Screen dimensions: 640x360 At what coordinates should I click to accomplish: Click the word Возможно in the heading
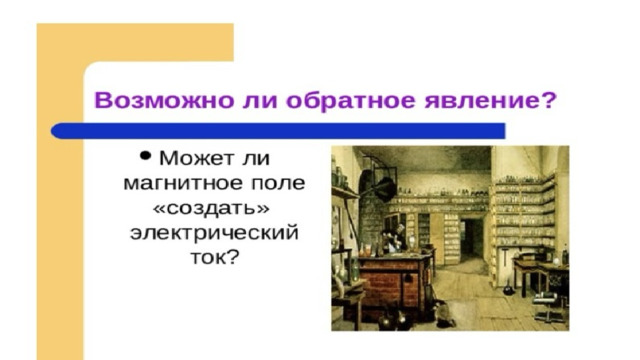point(164,100)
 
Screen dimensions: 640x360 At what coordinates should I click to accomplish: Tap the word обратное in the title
point(350,100)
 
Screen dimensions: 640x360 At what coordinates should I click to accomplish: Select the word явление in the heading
point(481,101)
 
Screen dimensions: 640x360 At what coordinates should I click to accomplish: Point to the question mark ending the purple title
point(548,100)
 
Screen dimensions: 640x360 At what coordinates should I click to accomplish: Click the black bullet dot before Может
point(145,156)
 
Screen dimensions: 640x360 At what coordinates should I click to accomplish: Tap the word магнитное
point(182,184)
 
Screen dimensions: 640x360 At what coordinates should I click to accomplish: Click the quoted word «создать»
point(211,209)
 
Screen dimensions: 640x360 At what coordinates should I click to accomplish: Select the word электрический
point(214,234)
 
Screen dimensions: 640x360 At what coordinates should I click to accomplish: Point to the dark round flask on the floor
point(508,289)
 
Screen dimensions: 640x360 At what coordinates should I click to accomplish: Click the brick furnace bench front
point(392,286)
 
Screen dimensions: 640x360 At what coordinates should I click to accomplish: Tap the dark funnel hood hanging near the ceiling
point(384,188)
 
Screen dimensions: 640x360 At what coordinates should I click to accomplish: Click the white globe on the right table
point(556,259)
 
